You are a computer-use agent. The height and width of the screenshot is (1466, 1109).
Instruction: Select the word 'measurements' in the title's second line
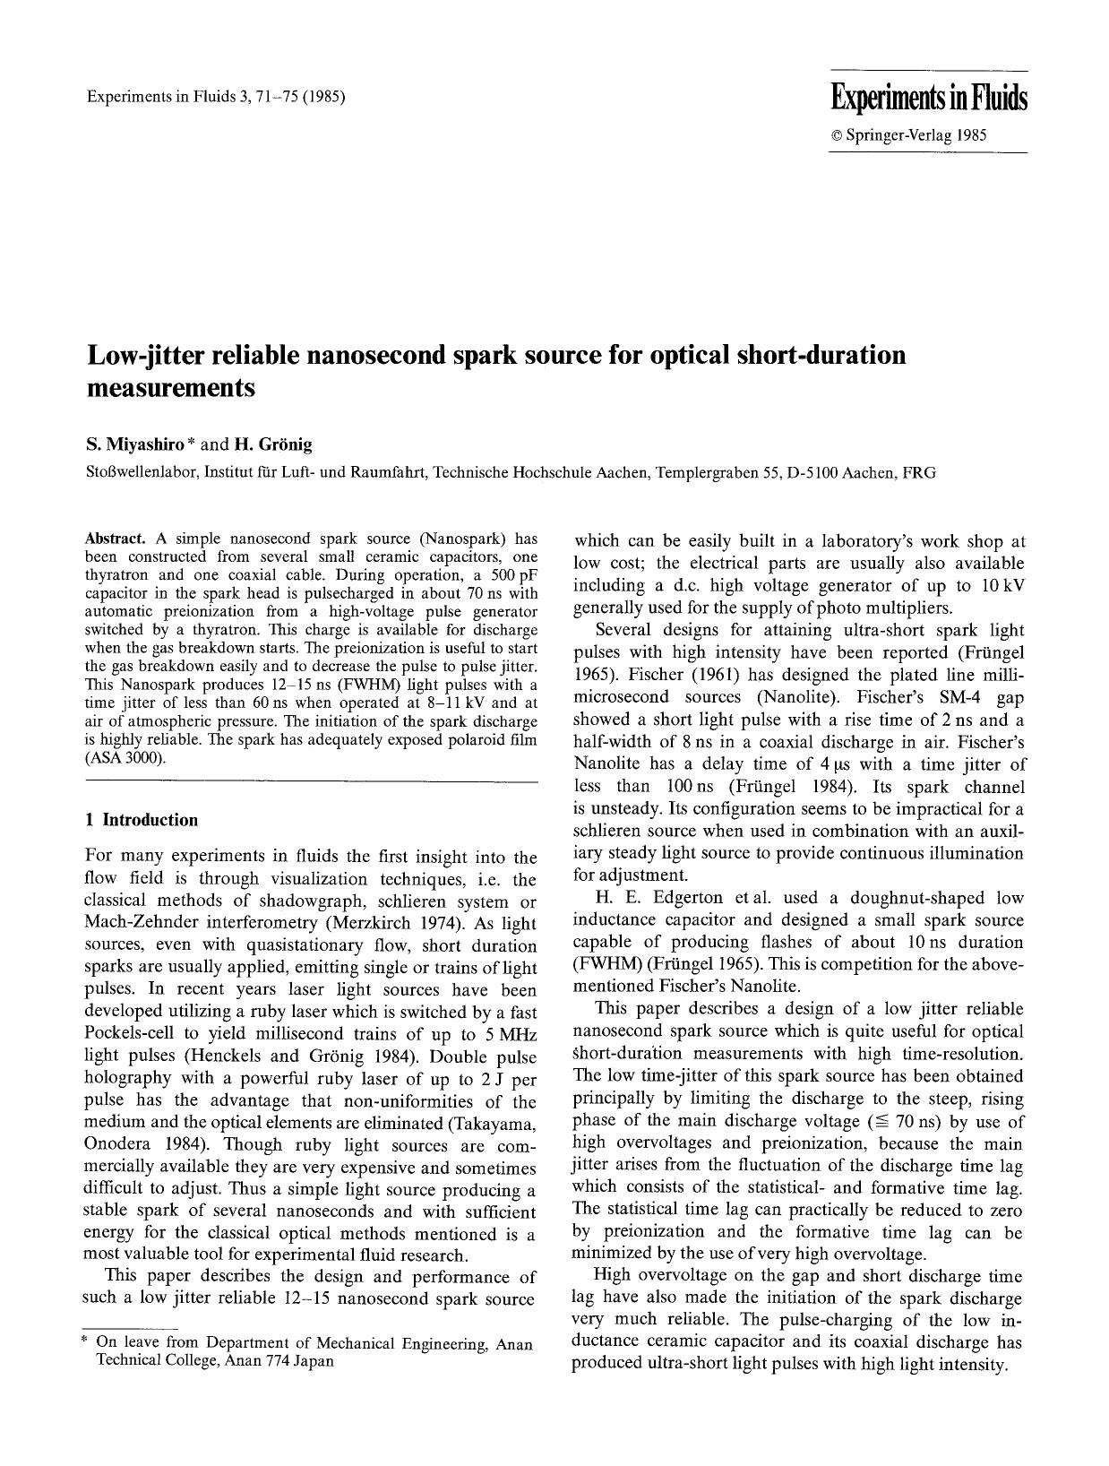170,389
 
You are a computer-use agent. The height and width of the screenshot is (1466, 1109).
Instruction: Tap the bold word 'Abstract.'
115,539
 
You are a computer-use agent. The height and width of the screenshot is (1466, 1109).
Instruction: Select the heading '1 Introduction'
141,820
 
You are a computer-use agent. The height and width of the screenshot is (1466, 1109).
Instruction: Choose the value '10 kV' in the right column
1002,585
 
